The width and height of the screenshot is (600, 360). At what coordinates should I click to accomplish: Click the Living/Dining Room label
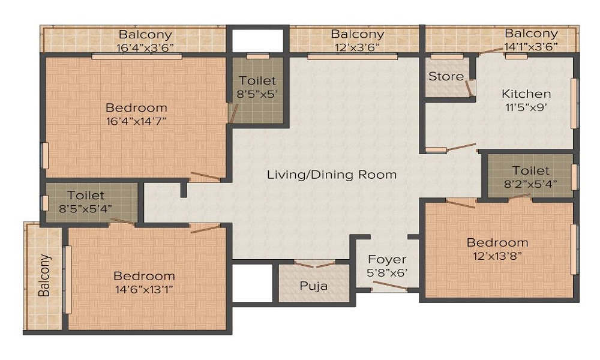[331, 175]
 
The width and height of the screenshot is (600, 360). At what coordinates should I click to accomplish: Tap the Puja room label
[314, 286]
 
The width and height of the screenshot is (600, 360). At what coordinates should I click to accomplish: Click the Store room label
[445, 76]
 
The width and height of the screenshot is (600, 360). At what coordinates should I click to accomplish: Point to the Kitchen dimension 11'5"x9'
[526, 109]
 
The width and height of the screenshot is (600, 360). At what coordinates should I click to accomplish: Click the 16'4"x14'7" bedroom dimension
[136, 121]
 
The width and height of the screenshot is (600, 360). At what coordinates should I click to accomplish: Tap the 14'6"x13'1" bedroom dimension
[144, 289]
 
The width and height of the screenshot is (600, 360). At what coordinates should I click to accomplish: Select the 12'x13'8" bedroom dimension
[497, 256]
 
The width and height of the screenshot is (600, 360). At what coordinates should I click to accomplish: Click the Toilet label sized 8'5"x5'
[257, 80]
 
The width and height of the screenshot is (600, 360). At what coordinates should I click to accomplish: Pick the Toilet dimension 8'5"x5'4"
[86, 209]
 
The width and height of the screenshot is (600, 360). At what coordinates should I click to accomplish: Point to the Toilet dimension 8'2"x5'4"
[530, 184]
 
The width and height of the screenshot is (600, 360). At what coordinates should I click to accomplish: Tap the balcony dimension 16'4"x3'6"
[145, 47]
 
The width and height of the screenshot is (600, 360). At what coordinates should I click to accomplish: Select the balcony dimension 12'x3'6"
[356, 47]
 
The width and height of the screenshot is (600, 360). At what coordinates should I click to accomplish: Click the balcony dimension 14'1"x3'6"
[530, 46]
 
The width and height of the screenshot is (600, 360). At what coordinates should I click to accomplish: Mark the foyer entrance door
[389, 289]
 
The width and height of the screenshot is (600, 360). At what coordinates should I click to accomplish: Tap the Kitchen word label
[526, 94]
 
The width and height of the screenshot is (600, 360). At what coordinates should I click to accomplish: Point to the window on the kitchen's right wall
[574, 103]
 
